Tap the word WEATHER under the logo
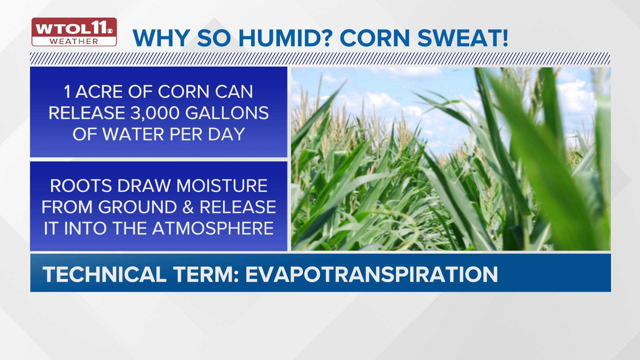coord(74,42)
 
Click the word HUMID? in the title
coord(285,38)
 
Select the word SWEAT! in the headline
coord(463,38)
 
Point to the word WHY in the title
coord(161,38)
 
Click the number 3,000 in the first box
coord(155,113)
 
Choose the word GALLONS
coord(227,113)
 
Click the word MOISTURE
coord(222,186)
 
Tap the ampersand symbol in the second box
coord(188,207)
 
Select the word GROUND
coord(137,207)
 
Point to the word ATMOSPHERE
coord(213,228)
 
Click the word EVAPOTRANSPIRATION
coord(371,274)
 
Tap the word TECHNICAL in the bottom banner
coord(104,274)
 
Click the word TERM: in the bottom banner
coord(206,274)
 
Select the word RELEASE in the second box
coord(238,207)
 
